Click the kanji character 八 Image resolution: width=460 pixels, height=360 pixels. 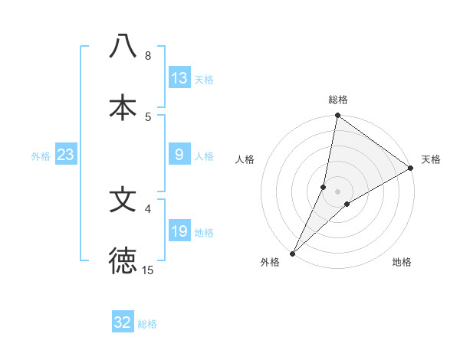pos(123,46)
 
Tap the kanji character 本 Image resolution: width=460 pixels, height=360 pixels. pos(123,107)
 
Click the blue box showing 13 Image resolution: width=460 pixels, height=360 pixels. pos(179,78)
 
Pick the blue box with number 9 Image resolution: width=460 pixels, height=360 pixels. pos(179,155)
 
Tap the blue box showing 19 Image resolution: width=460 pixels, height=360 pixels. pos(179,231)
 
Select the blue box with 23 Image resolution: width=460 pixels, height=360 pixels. pos(66,155)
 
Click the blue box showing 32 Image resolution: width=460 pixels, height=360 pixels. pos(123,322)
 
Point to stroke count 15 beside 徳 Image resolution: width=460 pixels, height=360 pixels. pos(148,270)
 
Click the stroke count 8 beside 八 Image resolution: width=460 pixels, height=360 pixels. pos(148,55)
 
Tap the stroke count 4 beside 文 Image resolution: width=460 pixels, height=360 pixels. pos(148,208)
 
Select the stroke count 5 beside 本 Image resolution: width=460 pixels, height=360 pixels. pos(148,116)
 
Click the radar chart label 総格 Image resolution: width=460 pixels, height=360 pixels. pos(338,100)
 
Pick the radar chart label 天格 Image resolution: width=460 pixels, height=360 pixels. pos(431,159)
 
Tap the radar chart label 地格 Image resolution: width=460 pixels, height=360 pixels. pos(402,262)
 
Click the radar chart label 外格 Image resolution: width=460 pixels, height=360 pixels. pos(270,262)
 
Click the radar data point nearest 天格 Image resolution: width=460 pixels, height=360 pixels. pos(411,169)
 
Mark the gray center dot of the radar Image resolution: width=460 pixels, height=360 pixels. pos(338,191)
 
